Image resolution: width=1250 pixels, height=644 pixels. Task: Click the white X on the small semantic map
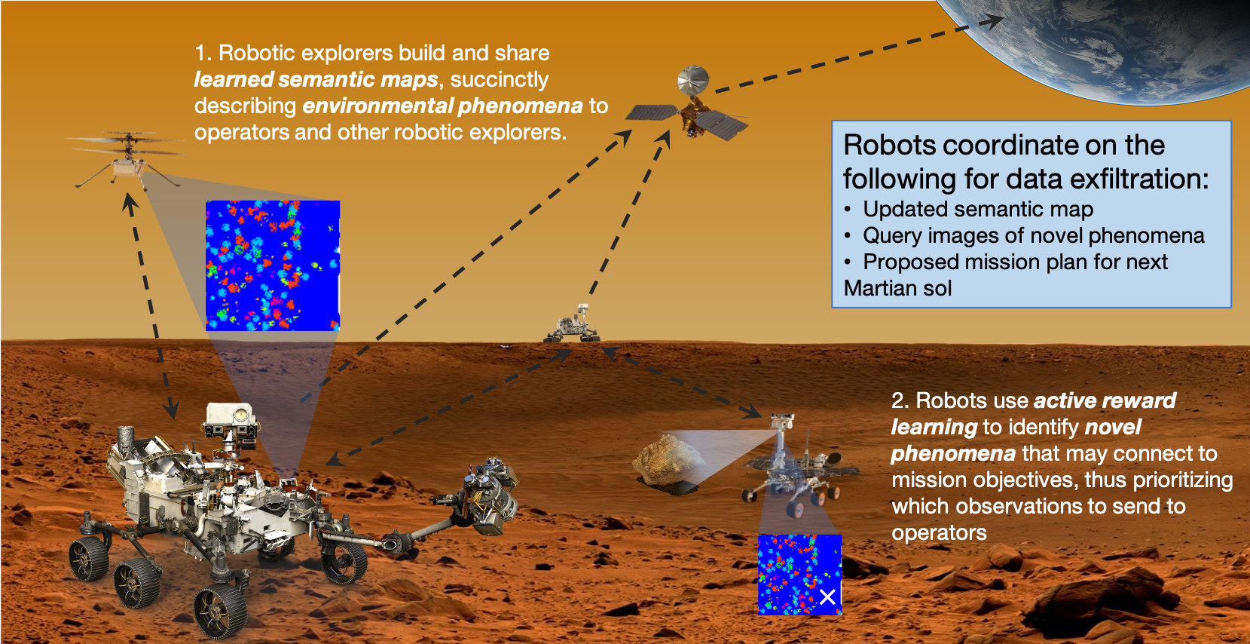point(827,597)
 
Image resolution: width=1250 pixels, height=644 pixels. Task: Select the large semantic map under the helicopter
point(272,265)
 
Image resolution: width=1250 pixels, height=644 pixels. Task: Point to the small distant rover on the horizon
point(573,325)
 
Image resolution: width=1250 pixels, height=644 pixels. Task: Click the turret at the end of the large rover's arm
point(486,494)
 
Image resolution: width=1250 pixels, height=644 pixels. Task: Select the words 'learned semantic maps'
point(316,79)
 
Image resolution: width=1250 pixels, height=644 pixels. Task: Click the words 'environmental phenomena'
point(442,106)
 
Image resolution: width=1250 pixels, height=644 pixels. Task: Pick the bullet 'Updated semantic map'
point(977,209)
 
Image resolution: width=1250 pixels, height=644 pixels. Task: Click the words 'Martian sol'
point(897,288)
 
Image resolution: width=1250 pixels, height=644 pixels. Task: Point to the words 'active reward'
point(1104,400)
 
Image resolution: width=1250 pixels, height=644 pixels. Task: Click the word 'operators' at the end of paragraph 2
point(939,532)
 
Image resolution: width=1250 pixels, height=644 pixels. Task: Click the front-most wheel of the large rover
point(220,609)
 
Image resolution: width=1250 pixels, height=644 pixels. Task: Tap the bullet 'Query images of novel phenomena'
point(1033,235)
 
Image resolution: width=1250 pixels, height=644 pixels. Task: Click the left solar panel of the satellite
point(651,113)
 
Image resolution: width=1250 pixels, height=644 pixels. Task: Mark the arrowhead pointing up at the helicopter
point(130,201)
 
